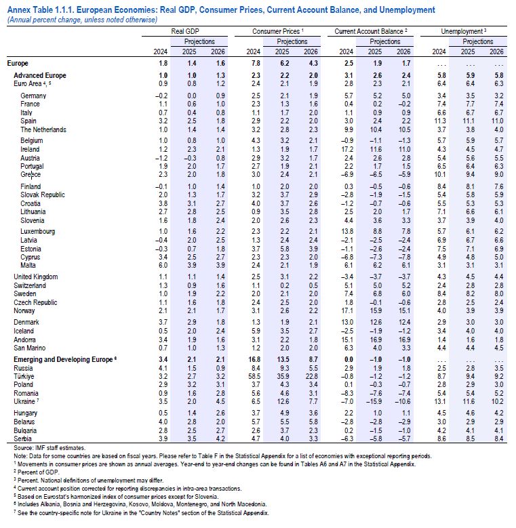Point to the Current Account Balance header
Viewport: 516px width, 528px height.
coord(371,32)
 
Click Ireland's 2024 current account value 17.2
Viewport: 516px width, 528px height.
coord(346,149)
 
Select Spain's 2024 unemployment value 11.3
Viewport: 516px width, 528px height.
coord(439,120)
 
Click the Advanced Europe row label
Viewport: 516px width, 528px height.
coord(37,74)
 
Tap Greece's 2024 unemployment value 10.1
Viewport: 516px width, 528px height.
coord(439,174)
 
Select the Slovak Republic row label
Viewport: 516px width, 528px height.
coord(43,195)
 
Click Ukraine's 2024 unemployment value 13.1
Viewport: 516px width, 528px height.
coord(439,401)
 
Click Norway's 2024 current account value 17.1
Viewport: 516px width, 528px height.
coord(346,310)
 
